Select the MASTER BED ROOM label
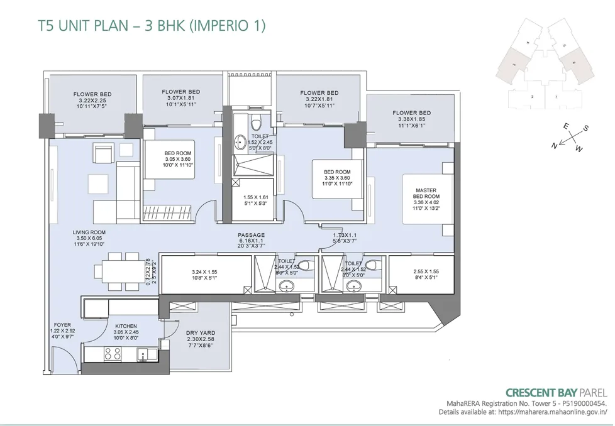click(x=426, y=193)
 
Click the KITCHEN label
click(x=126, y=325)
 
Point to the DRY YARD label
click(x=201, y=333)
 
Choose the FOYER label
click(x=63, y=325)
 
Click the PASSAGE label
click(x=252, y=235)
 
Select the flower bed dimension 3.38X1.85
click(x=411, y=119)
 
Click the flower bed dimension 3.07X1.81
click(x=180, y=98)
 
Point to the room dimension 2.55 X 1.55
click(x=426, y=272)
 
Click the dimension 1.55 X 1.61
click(x=257, y=197)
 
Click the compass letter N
click(x=554, y=146)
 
